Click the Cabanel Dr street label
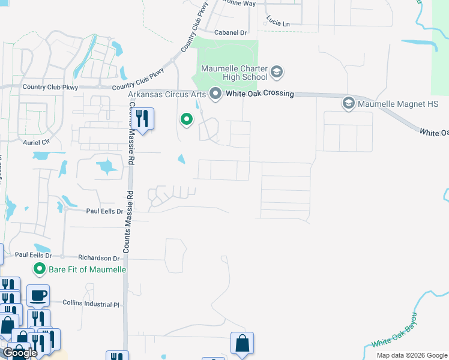[x=231, y=32]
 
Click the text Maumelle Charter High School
[x=235, y=73]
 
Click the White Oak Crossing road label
[x=259, y=94]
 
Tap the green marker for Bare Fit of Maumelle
[x=40, y=269]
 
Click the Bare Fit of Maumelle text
[x=87, y=269]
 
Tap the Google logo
[x=20, y=352]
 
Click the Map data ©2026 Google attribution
[x=412, y=355]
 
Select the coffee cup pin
[x=38, y=296]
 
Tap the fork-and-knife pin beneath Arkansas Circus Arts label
[x=142, y=118]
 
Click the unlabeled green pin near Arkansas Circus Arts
[x=187, y=120]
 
